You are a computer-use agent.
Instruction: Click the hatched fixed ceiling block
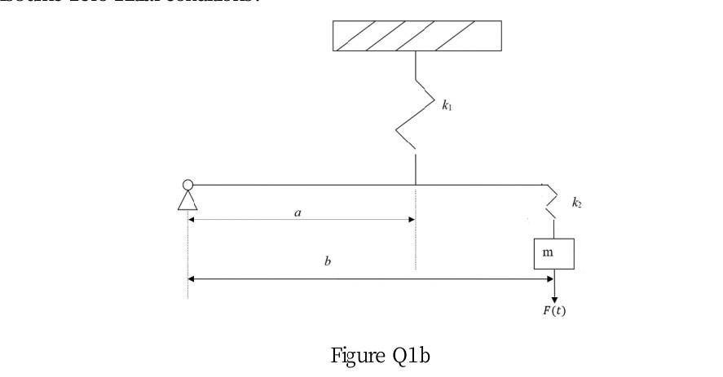[x=417, y=36]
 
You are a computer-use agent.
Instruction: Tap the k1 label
[x=447, y=106]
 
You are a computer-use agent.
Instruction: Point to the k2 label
[x=576, y=203]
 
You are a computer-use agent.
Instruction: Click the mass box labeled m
[x=553, y=253]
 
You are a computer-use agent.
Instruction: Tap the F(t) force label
[x=554, y=313]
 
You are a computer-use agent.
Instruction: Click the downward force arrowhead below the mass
[x=554, y=299]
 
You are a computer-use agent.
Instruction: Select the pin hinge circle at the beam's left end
[x=188, y=185]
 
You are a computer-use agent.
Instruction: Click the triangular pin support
[x=188, y=199]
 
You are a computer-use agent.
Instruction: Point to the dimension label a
[x=298, y=212]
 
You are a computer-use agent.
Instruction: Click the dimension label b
[x=328, y=261]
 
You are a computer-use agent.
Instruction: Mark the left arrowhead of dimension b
[x=192, y=278]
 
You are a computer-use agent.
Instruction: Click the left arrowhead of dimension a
[x=192, y=219]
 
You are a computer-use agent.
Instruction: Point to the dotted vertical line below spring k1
[x=416, y=236]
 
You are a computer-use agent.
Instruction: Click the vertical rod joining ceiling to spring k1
[x=416, y=65]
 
